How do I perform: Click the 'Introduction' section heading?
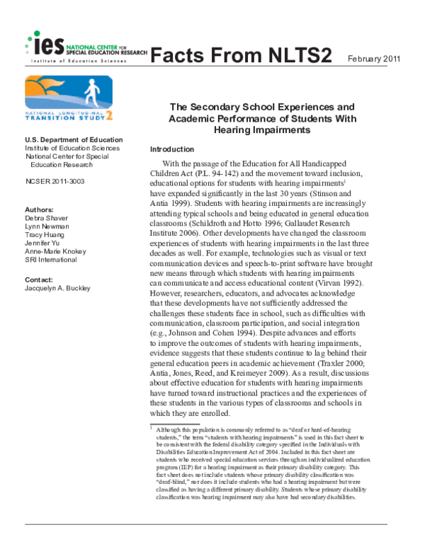[172, 150]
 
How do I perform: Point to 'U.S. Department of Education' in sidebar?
[74, 140]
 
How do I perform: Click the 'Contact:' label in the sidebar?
[40, 280]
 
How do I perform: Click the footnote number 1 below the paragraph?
[152, 428]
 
